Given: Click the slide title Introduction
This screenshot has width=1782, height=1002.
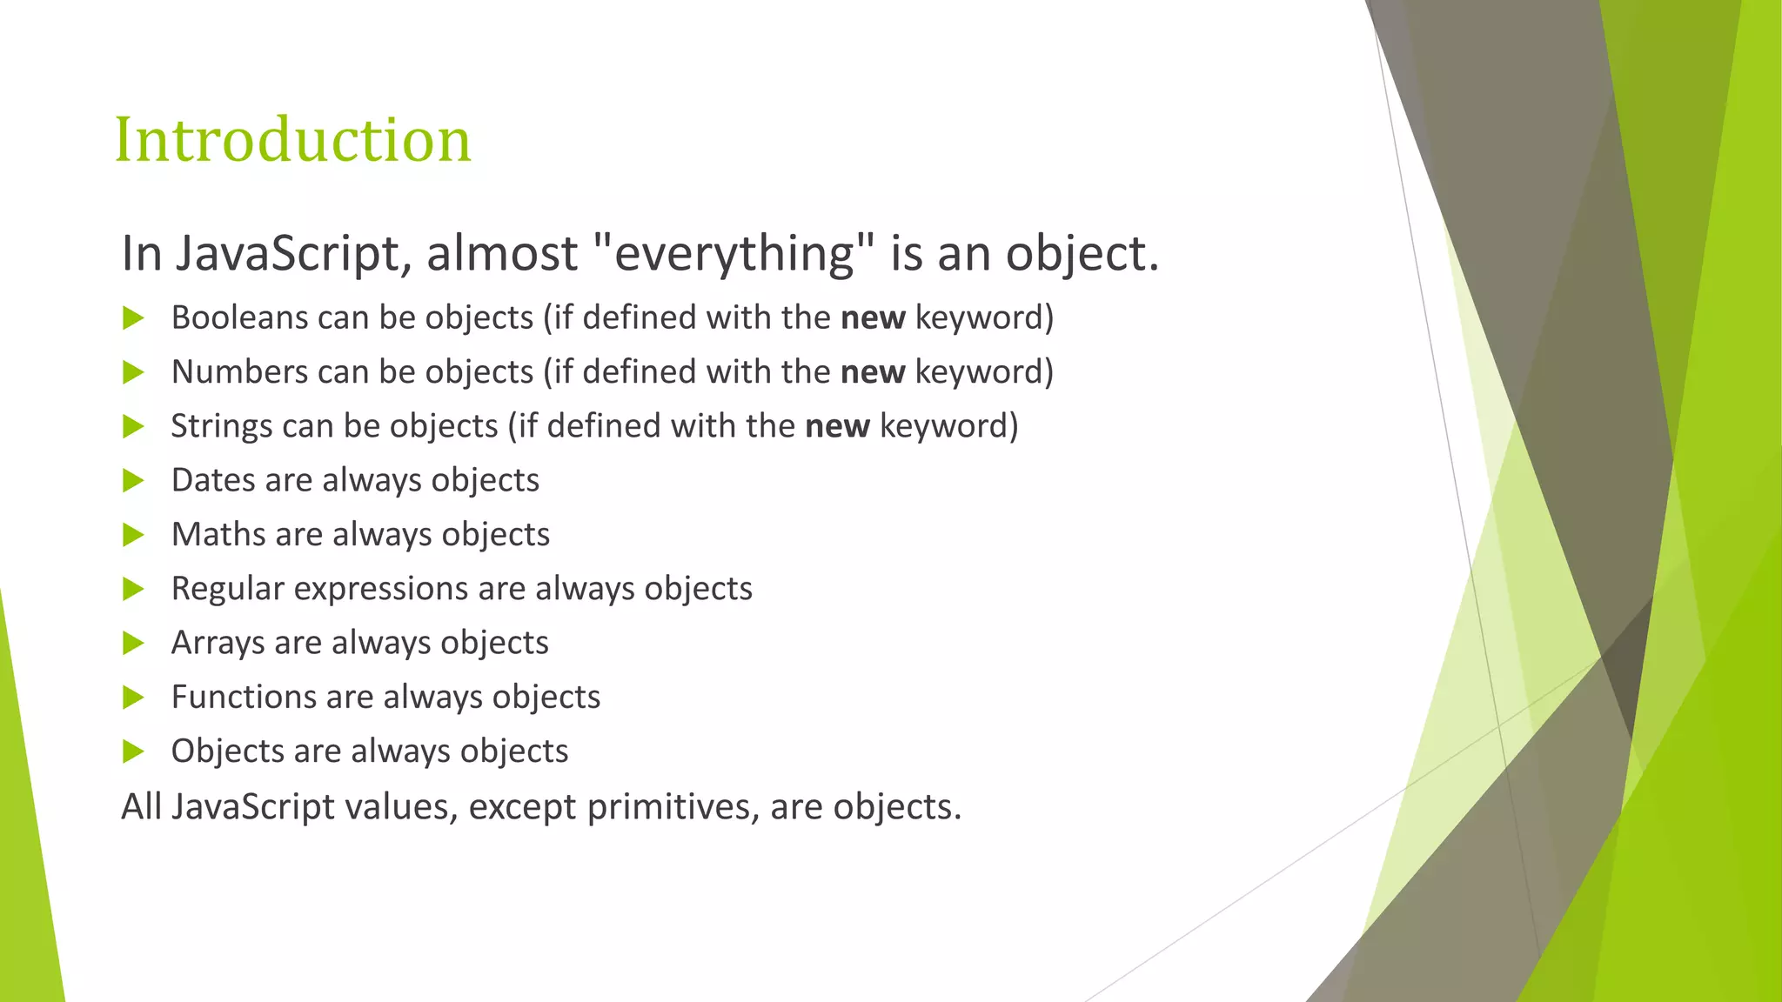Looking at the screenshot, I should [x=292, y=140].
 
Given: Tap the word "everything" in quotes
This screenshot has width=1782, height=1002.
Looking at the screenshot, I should [x=734, y=254].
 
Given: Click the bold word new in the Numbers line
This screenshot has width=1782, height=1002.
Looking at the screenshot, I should [x=873, y=372].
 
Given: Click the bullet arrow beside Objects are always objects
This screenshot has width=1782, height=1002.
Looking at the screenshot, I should [x=133, y=751].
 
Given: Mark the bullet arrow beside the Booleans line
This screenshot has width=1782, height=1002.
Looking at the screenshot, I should [x=133, y=318].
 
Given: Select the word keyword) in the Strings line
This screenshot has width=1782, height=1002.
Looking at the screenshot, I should [x=948, y=426].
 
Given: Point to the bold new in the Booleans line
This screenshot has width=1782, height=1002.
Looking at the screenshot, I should [x=873, y=318].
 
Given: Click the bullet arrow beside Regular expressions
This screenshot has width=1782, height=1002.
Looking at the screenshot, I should [x=133, y=589].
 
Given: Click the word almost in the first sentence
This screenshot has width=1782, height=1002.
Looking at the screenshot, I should [x=502, y=254].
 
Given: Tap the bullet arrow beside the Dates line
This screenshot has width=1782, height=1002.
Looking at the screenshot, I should [x=133, y=480].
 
